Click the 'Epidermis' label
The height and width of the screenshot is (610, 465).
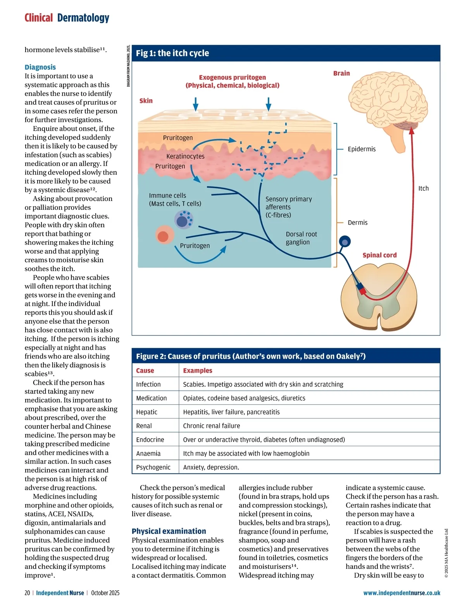(x=362, y=149)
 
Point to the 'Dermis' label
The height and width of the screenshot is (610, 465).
(x=357, y=223)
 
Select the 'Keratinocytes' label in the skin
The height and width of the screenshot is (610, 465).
(x=185, y=156)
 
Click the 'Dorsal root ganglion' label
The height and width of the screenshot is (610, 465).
(x=301, y=238)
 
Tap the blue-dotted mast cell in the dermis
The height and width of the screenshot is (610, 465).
(x=183, y=220)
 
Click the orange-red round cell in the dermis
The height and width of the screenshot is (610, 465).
(x=164, y=236)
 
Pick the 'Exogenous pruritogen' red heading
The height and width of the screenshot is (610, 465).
(x=232, y=78)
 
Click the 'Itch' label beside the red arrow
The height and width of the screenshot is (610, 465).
(x=423, y=188)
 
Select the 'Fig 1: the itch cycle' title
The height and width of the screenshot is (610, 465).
(x=172, y=53)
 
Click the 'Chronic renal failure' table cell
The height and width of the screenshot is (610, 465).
(x=211, y=426)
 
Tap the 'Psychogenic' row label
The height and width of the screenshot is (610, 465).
(x=153, y=467)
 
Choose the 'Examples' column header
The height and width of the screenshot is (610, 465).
(x=198, y=370)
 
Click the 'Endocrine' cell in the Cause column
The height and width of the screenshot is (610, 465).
(x=150, y=440)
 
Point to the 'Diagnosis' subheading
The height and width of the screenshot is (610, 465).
(x=40, y=67)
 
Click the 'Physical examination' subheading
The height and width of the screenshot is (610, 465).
(x=169, y=531)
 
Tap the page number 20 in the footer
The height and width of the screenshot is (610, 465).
(x=27, y=593)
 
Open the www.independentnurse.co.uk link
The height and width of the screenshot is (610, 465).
(x=401, y=593)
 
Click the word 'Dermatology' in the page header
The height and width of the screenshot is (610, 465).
(x=83, y=18)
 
